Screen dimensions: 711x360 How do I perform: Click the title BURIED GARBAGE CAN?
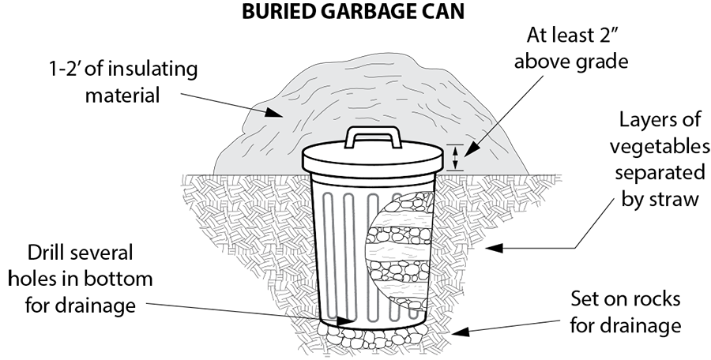pos(353,11)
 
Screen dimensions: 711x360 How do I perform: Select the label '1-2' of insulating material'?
pos(123,82)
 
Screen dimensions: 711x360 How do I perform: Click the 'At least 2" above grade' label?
pos(571,48)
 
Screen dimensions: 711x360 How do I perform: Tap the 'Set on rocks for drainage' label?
pos(626,312)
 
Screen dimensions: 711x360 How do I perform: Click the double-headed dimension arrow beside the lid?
pos(455,158)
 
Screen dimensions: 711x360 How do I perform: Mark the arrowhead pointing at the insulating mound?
pos(273,112)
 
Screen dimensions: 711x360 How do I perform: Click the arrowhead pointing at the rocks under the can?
pos(460,332)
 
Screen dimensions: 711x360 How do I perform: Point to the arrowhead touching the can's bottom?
pos(344,321)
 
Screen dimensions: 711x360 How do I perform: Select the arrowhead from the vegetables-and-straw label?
pos(495,248)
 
